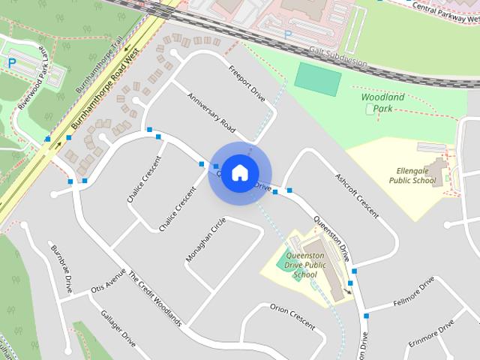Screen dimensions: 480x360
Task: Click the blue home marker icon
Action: click(x=239, y=172)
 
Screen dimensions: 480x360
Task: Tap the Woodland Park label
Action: click(x=382, y=103)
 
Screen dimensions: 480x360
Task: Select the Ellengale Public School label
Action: click(x=412, y=175)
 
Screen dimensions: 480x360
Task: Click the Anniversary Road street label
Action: click(x=211, y=112)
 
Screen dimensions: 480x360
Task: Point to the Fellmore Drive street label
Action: click(x=412, y=293)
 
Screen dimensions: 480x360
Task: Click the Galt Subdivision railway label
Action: click(x=342, y=57)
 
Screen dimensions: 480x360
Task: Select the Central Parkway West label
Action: click(x=443, y=9)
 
